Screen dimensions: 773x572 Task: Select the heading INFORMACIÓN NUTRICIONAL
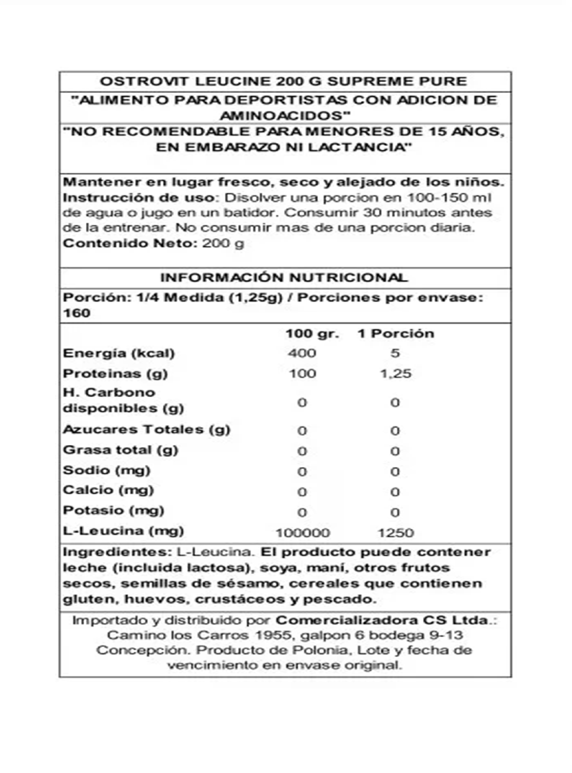click(x=284, y=277)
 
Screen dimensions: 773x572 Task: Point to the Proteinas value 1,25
click(x=396, y=374)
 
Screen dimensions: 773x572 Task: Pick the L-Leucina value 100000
click(x=303, y=533)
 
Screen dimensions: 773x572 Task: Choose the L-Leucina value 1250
click(x=396, y=533)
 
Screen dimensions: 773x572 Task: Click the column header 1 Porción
click(x=396, y=333)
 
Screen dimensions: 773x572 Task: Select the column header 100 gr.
click(x=312, y=333)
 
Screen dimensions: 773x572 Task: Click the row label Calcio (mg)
click(x=108, y=490)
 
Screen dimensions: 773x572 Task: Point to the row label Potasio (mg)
click(x=113, y=510)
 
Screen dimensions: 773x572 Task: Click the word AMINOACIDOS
click(x=284, y=116)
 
